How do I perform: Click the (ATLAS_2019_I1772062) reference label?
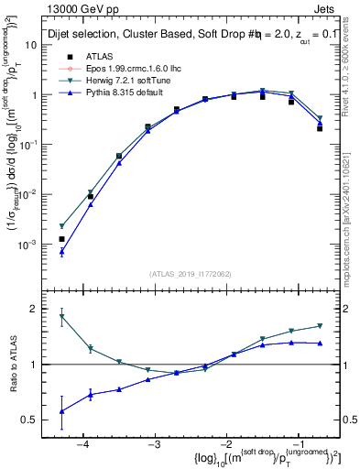190,273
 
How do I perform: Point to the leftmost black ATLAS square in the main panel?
61,239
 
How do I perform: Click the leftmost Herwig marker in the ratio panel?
61,316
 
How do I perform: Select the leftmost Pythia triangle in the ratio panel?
61,411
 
